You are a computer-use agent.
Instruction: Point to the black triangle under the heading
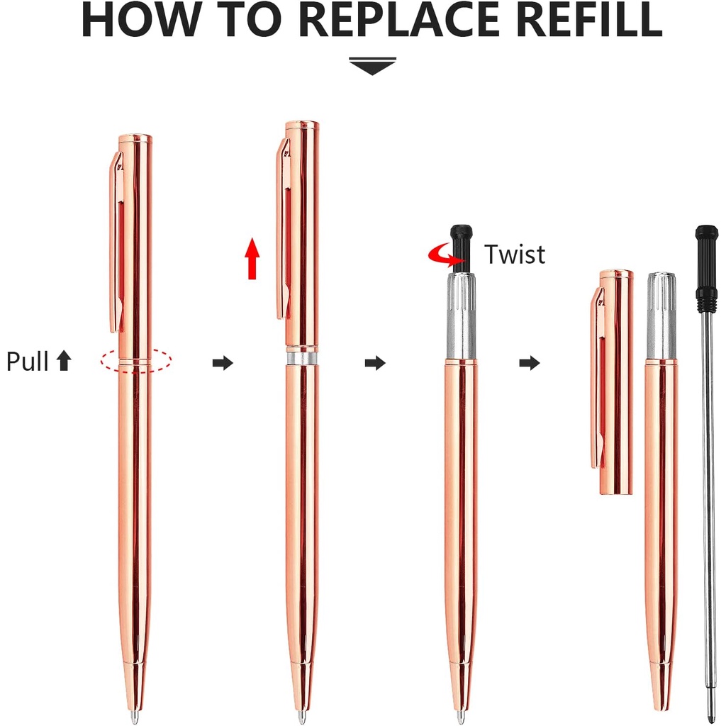(x=373, y=67)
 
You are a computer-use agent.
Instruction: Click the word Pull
(x=28, y=361)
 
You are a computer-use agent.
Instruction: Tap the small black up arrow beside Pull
(x=64, y=360)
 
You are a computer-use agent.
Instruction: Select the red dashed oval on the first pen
(x=136, y=359)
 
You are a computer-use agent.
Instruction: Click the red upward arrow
(x=252, y=259)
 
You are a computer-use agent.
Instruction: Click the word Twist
(x=515, y=255)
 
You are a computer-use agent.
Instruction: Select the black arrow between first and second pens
(x=223, y=363)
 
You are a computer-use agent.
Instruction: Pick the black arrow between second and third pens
(x=375, y=363)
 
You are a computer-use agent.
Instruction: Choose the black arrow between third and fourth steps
(x=530, y=363)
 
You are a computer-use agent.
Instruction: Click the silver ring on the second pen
(x=302, y=359)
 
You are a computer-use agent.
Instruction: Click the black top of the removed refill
(x=707, y=269)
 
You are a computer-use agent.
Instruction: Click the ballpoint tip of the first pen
(x=134, y=716)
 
